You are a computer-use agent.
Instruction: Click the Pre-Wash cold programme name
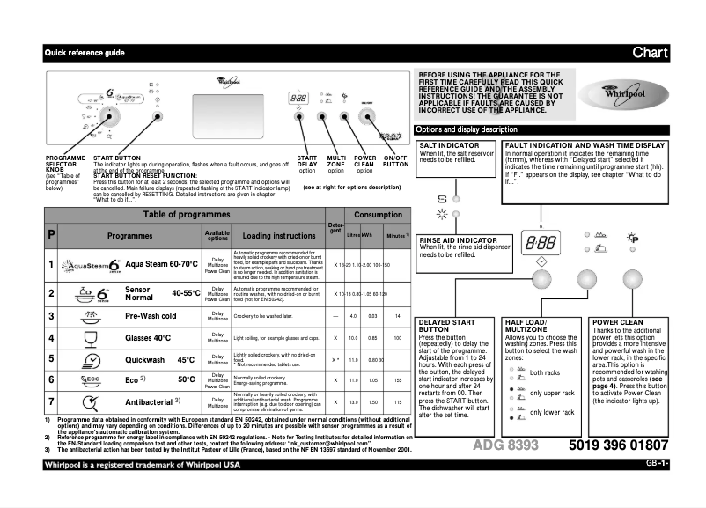pyautogui.click(x=154, y=315)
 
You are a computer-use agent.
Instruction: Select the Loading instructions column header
pyautogui.click(x=278, y=236)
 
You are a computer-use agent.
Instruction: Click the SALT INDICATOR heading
pyautogui.click(x=449, y=145)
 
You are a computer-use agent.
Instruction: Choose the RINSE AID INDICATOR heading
pyautogui.click(x=458, y=240)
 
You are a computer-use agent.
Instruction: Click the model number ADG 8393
pyautogui.click(x=505, y=445)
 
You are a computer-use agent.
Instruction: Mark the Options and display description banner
pyautogui.click(x=467, y=129)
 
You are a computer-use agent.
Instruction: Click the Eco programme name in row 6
pyautogui.click(x=134, y=379)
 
